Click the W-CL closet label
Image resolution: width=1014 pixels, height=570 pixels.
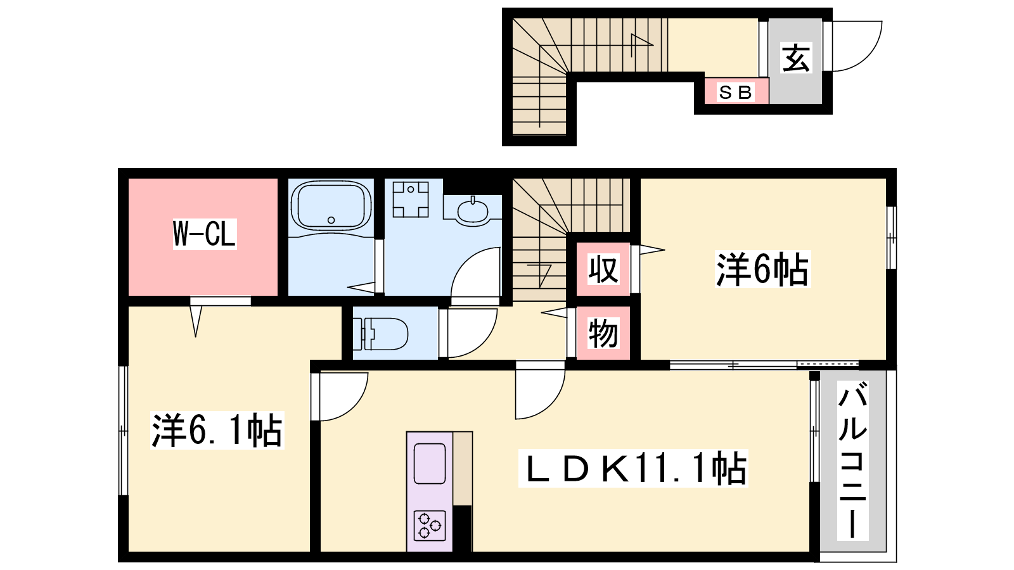point(205,234)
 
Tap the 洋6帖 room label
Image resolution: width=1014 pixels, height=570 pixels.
point(762,269)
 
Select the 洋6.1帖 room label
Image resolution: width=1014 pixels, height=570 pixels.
point(217,430)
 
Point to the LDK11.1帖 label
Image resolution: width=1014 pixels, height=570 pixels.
point(633,468)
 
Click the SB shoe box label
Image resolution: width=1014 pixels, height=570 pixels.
point(736,92)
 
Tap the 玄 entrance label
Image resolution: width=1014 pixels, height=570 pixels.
point(796,58)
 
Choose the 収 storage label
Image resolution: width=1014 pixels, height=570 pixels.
point(603,270)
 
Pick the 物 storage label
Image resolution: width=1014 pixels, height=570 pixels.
point(603,333)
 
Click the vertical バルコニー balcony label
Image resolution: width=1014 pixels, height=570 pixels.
point(853,460)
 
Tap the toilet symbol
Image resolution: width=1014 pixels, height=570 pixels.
point(380,334)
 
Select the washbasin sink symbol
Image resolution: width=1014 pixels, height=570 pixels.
point(473,210)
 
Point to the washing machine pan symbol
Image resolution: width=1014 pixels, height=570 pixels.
point(411,199)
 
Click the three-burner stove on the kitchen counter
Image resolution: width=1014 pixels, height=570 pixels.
point(429,526)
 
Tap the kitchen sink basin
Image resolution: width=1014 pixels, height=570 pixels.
point(430,463)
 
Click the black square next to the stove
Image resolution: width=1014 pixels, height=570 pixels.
point(463,528)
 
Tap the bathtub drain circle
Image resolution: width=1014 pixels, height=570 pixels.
point(331,220)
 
